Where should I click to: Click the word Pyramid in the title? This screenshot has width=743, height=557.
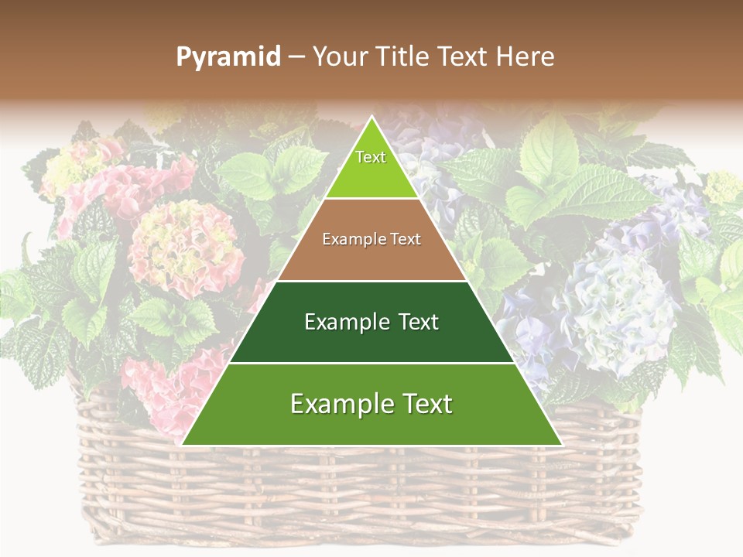click(x=228, y=57)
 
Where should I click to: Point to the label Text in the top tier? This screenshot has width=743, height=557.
click(x=371, y=157)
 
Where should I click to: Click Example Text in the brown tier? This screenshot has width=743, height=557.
click(x=371, y=239)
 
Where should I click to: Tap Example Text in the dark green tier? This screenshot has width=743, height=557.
click(x=371, y=322)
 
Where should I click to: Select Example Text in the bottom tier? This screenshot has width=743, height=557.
click(x=371, y=404)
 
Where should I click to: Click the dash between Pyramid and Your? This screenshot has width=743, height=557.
click(x=296, y=57)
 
